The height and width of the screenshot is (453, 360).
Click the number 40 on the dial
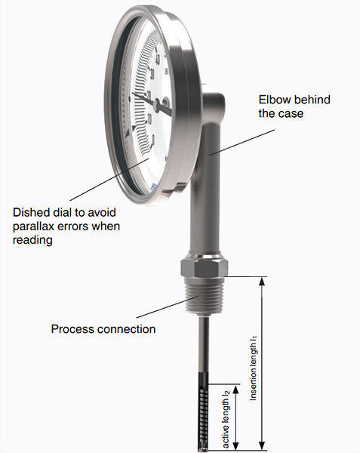click(x=157, y=59)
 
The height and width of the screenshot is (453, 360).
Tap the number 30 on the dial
click(x=153, y=75)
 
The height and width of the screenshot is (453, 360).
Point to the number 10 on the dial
click(x=149, y=119)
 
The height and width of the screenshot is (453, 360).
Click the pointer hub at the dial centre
click(x=156, y=103)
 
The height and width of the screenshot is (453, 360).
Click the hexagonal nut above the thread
click(x=205, y=267)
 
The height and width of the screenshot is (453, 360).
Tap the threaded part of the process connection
click(x=205, y=295)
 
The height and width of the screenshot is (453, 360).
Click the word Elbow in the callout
click(x=274, y=100)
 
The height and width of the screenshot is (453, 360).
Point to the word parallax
click(x=32, y=226)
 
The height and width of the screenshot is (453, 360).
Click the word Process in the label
click(x=72, y=329)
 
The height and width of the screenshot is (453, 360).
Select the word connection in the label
click(x=126, y=329)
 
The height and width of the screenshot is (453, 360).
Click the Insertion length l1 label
click(x=253, y=368)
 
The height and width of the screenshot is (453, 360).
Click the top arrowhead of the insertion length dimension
click(x=262, y=281)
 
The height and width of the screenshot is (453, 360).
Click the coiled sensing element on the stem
click(x=203, y=411)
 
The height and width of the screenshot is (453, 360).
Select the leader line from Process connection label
click(x=168, y=307)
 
